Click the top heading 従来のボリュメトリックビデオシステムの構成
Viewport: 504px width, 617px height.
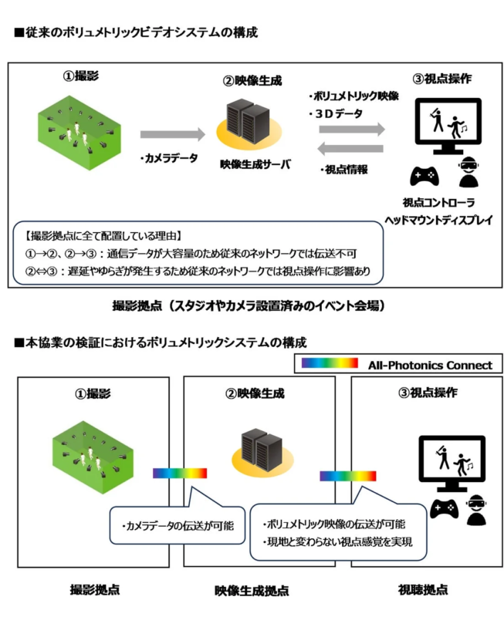click(135, 33)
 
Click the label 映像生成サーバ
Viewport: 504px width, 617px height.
click(251, 163)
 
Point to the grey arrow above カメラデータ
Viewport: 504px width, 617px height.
click(174, 134)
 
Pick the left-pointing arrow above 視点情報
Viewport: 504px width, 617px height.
click(352, 149)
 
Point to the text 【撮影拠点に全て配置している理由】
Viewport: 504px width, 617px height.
click(87, 234)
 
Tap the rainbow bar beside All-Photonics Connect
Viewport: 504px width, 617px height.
click(330, 363)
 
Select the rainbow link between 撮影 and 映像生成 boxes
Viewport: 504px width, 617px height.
click(179, 473)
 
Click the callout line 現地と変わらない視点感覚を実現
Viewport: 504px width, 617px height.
click(337, 541)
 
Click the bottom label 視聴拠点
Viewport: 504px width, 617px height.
click(424, 590)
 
